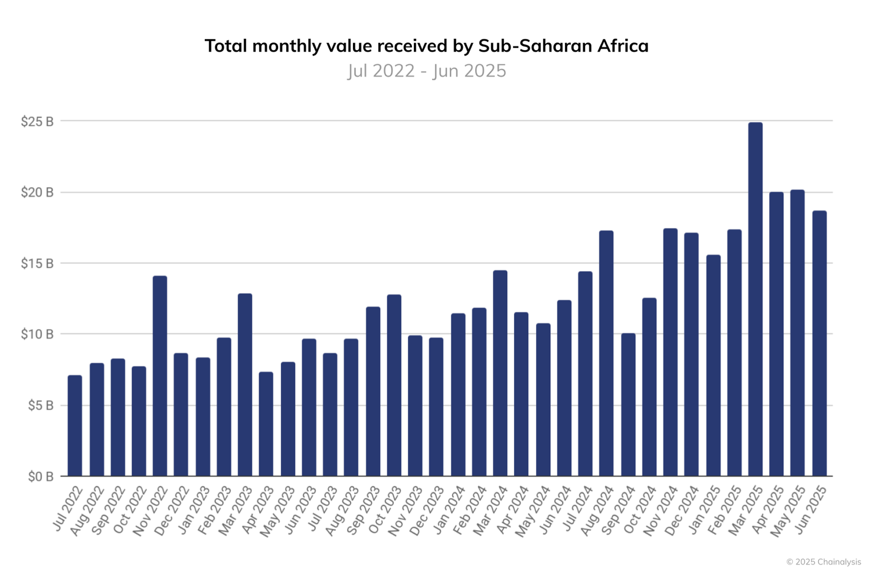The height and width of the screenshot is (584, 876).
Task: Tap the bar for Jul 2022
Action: coord(75,425)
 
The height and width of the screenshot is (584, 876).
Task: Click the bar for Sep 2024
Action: coord(628,405)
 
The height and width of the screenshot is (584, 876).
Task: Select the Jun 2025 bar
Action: coord(819,343)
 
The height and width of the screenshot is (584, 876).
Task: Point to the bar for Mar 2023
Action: coord(245,385)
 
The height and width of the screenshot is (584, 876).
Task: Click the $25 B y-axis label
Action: coord(37,122)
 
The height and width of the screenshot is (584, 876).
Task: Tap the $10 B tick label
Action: coord(37,334)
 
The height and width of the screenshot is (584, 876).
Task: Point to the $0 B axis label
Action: coord(40,477)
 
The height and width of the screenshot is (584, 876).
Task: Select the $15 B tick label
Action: coord(37,264)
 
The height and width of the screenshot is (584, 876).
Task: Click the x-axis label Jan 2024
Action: coord(450,509)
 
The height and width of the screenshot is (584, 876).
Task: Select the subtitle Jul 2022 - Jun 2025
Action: coord(426,71)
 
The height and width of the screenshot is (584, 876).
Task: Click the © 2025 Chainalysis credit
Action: coord(823,562)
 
